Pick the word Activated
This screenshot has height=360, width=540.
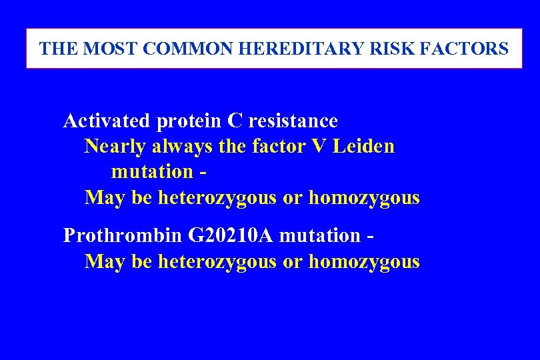click(107, 121)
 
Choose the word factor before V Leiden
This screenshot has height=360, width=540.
click(277, 146)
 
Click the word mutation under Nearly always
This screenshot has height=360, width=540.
click(152, 171)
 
